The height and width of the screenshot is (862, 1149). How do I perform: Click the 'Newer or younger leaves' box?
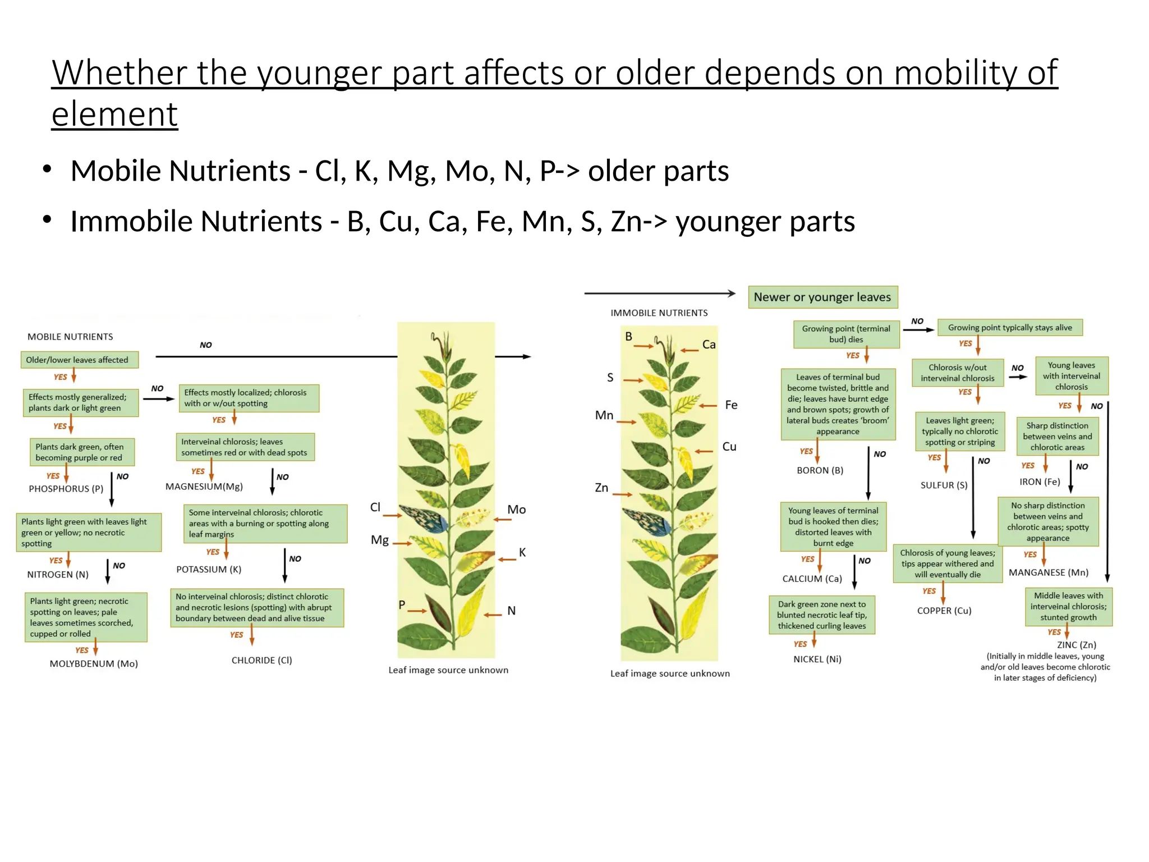[x=822, y=297]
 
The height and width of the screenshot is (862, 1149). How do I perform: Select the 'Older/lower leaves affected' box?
[x=77, y=360]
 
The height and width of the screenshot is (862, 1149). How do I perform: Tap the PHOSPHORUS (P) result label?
[x=66, y=489]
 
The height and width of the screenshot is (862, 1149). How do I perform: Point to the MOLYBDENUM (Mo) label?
[x=94, y=663]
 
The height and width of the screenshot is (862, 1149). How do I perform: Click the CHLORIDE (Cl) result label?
[x=262, y=660]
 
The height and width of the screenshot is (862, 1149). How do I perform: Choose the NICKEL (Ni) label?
[x=817, y=659]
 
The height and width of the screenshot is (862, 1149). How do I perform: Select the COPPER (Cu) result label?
[x=944, y=611]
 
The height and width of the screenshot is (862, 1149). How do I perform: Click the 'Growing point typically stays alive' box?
[x=1010, y=328]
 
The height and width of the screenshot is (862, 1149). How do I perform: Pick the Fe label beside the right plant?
[x=731, y=405]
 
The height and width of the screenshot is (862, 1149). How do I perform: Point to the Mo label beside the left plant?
[x=517, y=510]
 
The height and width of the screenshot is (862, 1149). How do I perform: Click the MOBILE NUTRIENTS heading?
[x=70, y=337]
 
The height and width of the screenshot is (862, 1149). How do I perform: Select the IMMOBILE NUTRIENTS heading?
[x=659, y=313]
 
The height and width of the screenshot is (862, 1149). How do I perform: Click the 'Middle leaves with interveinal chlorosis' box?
[x=1068, y=606]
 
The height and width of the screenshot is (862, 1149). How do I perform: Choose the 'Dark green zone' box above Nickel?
[x=822, y=615]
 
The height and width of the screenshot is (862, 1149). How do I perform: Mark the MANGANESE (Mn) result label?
[x=1049, y=572]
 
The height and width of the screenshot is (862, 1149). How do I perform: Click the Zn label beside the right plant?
[x=601, y=488]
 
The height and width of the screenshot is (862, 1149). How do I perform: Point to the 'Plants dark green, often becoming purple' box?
[x=82, y=452]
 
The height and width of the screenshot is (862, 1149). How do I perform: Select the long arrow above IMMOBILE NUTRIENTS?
[x=659, y=293]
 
